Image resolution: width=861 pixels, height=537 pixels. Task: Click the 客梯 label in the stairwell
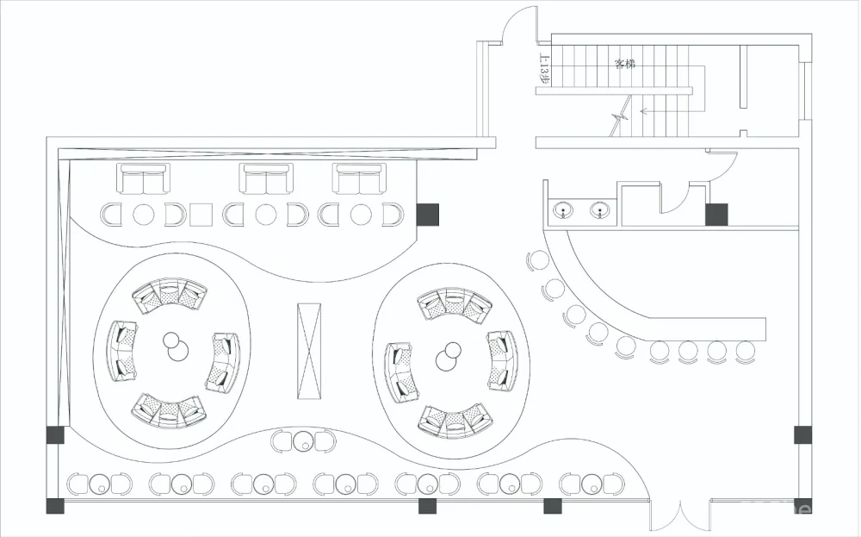pos(624,63)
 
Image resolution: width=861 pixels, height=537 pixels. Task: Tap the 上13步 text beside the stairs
pos(543,70)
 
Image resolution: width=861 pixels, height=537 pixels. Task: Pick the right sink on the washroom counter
pos(599,209)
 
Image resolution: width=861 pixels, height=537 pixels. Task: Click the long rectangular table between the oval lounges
pos(308,351)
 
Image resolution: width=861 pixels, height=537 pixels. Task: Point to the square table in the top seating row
pos(201,213)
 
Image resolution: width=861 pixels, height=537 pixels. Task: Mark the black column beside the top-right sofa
pos(428,214)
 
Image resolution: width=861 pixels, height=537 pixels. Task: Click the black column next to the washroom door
pos(716,214)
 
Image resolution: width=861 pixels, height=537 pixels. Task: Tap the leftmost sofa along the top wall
pos(143,180)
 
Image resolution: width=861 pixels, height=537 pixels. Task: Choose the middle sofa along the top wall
pos(266,180)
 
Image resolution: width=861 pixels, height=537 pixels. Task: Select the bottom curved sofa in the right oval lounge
pos(454,419)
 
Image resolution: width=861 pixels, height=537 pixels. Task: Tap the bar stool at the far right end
pos(746,351)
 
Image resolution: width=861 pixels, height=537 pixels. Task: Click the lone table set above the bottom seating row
pos(303,441)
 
